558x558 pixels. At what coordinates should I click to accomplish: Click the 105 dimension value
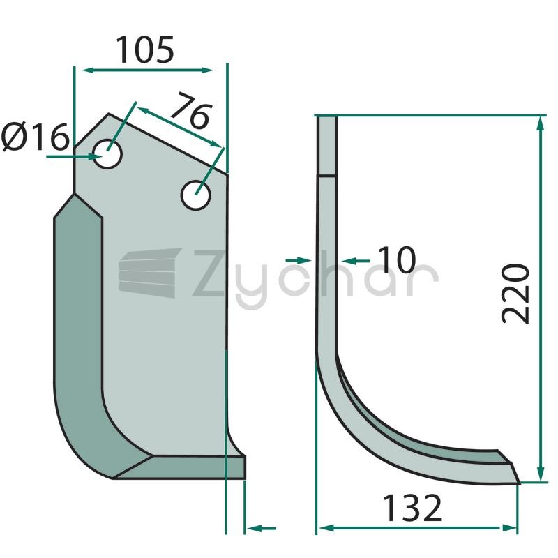point(145,50)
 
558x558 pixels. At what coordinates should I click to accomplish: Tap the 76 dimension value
point(191,110)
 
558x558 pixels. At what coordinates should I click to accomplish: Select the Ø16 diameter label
point(35,137)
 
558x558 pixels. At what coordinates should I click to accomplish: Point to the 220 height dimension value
point(515,294)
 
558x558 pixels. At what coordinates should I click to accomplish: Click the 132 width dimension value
point(412,508)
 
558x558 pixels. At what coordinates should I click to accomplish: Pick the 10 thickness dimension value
point(396,259)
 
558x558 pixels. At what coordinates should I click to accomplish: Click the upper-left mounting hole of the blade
point(107,154)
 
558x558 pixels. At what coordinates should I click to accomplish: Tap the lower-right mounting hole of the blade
point(196,195)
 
